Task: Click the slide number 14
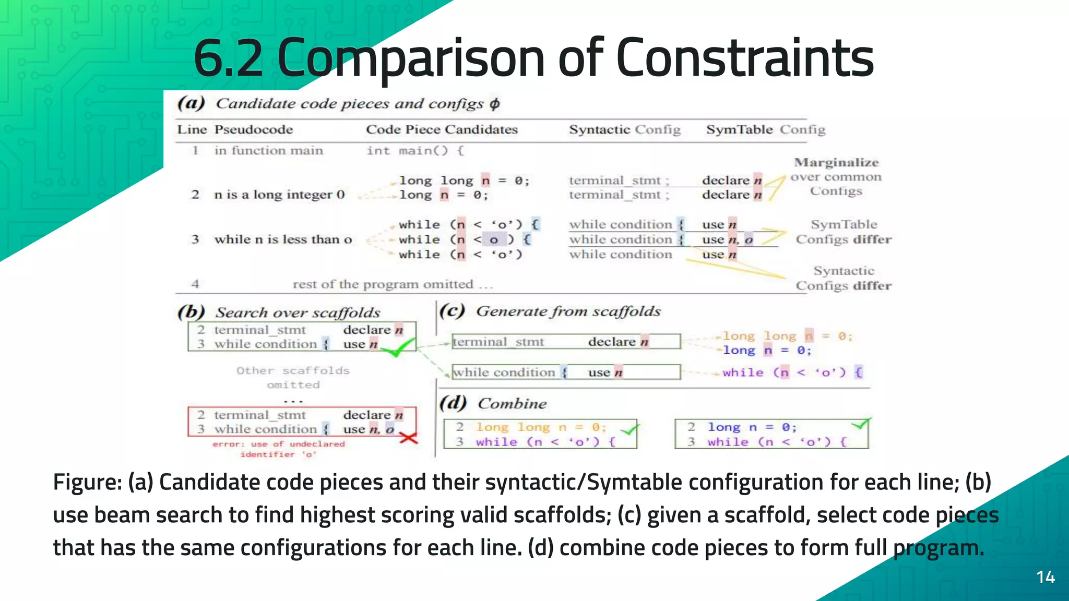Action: coord(1046,578)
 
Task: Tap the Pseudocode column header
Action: coord(254,129)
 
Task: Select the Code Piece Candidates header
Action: coord(442,129)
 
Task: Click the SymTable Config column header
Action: coord(765,129)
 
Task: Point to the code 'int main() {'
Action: coord(415,151)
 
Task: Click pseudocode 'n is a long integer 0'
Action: coord(279,195)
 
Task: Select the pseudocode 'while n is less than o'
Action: coord(283,239)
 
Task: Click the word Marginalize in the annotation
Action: coord(836,163)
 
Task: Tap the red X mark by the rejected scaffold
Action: coord(408,438)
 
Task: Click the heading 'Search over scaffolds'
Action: coord(298,312)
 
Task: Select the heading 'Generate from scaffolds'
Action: coord(568,311)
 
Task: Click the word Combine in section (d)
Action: coord(512,404)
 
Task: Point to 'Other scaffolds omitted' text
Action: coord(293,377)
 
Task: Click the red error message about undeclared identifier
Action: coord(278,449)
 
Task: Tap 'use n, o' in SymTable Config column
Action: coord(727,239)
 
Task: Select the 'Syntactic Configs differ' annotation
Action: coord(844,278)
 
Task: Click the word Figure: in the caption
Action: coord(87,482)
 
